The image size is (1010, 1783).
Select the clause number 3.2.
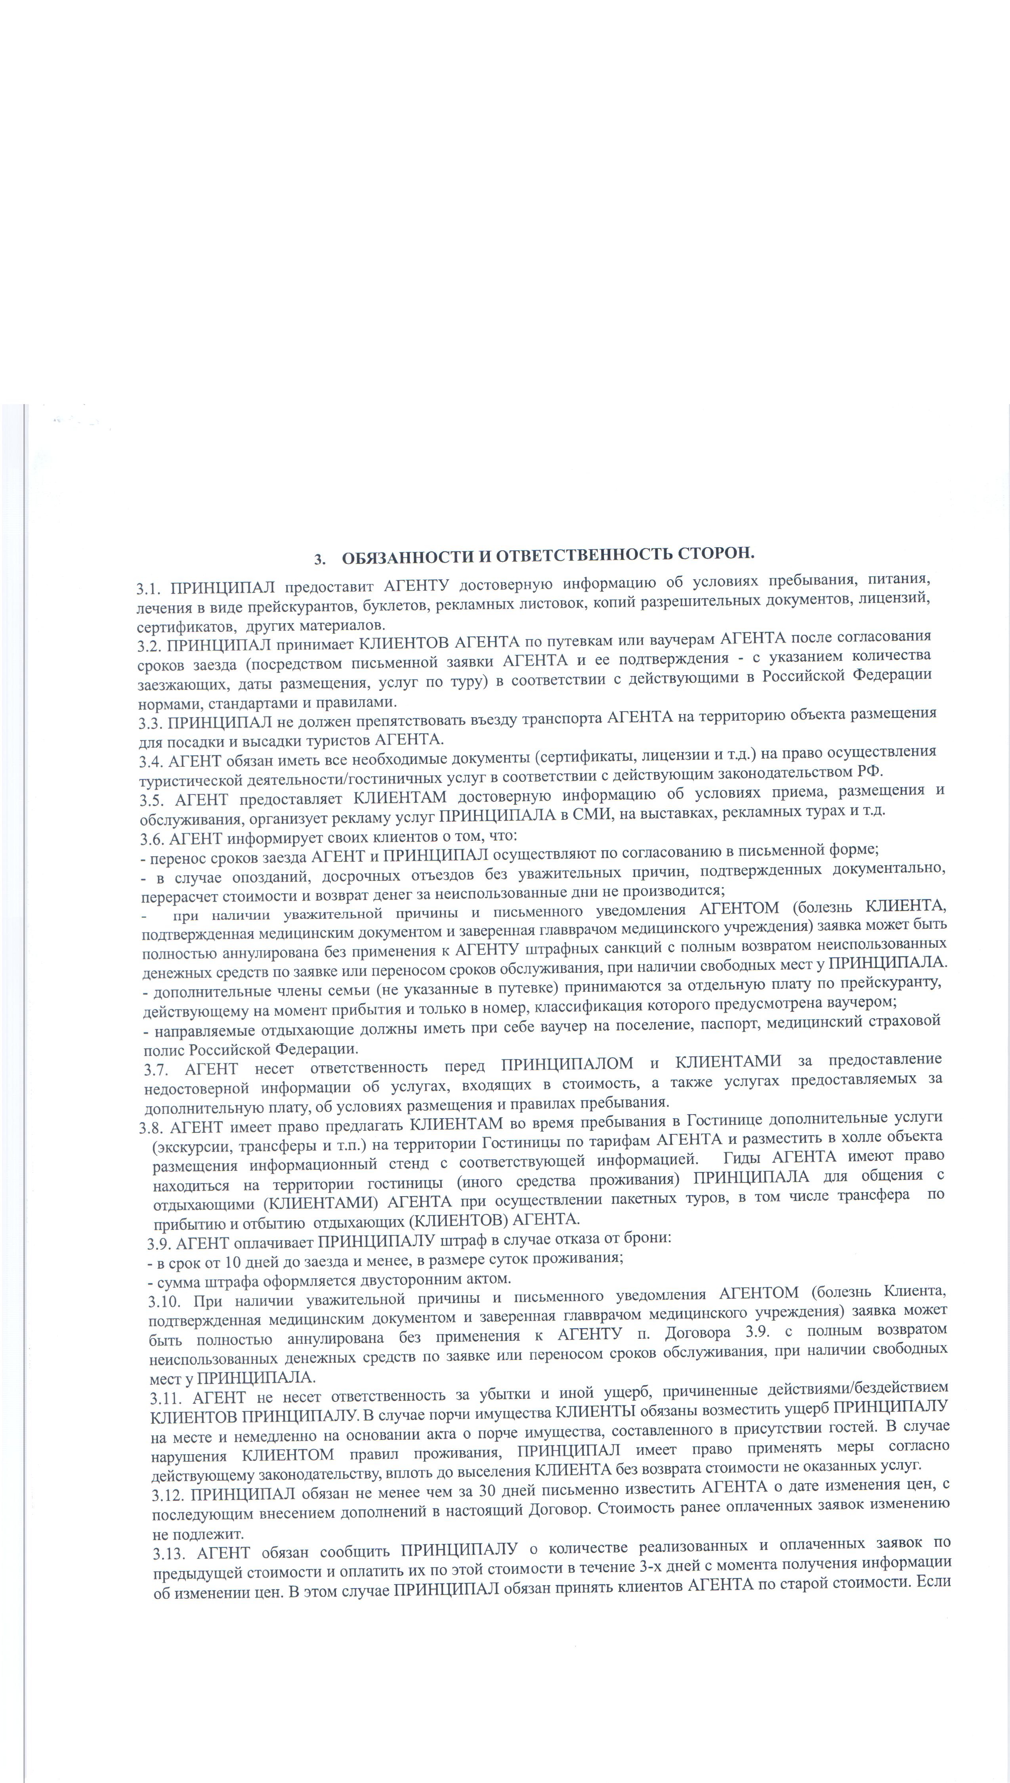[150, 646]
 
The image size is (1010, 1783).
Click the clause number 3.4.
[152, 762]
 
